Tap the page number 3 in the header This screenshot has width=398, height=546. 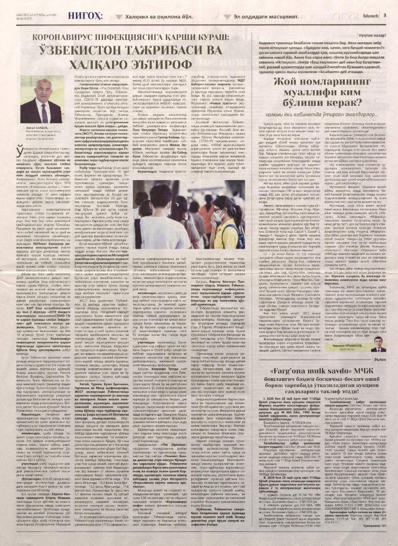pos(385,15)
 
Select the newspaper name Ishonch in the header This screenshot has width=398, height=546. pos(367,15)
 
